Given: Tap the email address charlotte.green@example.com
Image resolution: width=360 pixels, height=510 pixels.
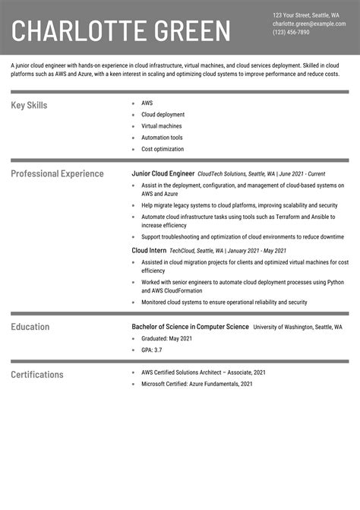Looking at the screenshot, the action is (308, 24).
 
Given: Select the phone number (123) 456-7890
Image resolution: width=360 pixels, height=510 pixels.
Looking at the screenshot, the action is (291, 33).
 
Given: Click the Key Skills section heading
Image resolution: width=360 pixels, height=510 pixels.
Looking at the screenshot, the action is (29, 105).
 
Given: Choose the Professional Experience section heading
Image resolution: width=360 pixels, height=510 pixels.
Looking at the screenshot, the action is (57, 173).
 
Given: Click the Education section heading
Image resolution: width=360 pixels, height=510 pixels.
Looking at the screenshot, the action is (30, 327).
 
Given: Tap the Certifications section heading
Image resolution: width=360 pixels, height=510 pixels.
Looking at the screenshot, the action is (37, 374).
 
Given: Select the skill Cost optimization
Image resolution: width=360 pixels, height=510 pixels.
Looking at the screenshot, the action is (163, 149).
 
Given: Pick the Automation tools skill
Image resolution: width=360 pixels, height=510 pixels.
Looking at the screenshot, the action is (162, 138).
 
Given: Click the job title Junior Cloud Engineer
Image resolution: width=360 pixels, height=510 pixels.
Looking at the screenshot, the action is (163, 173).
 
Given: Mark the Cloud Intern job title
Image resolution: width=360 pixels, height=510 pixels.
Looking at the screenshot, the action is (149, 250).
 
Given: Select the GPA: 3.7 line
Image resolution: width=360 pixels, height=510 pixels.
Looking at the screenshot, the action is (151, 350).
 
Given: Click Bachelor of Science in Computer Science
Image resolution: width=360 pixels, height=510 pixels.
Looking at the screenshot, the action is (190, 327).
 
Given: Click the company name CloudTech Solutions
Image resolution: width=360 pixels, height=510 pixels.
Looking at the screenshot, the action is (221, 174).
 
